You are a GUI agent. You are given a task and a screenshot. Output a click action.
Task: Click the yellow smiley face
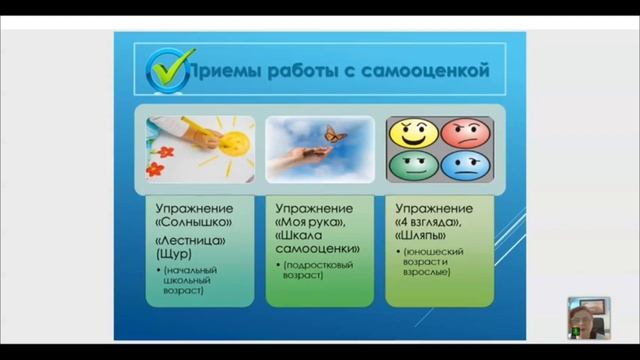tap(411, 134)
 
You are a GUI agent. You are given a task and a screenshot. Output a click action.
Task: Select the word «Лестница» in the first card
tap(185, 242)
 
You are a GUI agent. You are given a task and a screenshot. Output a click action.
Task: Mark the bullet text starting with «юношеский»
tap(433, 259)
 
